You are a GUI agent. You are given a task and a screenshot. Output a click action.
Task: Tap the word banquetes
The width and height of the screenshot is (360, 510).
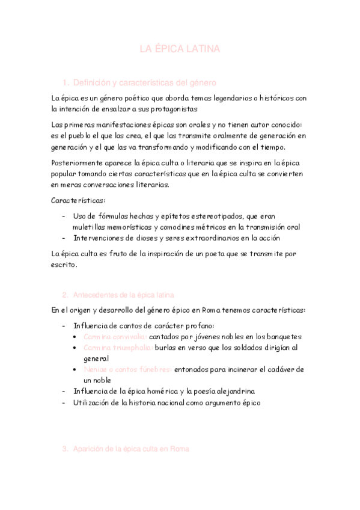click(283, 337)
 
